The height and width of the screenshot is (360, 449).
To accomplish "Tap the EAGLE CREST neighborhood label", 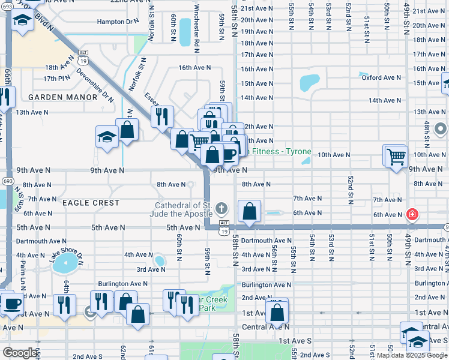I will [x=90, y=203].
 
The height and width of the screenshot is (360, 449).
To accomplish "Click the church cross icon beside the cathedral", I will [x=221, y=209].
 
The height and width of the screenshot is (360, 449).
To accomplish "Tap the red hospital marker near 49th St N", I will [x=412, y=214].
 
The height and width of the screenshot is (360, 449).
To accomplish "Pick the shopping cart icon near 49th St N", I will [x=396, y=157].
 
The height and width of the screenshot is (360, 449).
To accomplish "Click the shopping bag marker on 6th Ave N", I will [x=249, y=211].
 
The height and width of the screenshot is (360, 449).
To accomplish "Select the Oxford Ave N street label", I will [x=381, y=77].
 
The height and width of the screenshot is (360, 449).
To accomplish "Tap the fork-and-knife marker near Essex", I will [x=162, y=116].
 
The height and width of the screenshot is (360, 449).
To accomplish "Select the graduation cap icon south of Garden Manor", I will [x=107, y=136].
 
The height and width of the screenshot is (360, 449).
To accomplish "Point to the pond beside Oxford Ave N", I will [x=310, y=82].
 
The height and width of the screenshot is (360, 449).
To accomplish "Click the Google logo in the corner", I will [x=20, y=352].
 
